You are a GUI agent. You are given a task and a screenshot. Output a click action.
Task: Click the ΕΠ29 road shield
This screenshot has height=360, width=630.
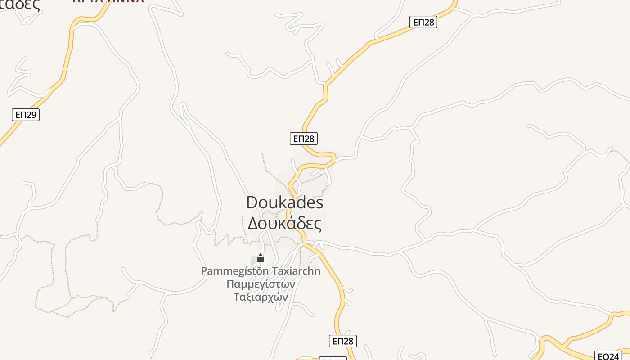[26, 115]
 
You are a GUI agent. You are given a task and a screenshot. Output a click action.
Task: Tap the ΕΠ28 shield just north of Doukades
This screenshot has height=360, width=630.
[304, 139]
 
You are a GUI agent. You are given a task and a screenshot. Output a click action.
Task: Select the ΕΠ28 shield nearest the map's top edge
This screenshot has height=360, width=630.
[423, 22]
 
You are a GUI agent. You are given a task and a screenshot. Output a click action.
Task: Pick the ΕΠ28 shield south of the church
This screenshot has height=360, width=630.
[343, 341]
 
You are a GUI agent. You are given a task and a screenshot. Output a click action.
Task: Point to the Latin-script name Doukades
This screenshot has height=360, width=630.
[285, 202]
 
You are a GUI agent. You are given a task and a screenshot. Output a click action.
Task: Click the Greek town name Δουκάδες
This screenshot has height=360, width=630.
[285, 223]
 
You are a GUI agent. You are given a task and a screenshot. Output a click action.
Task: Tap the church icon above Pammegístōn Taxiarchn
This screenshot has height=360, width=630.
[261, 258]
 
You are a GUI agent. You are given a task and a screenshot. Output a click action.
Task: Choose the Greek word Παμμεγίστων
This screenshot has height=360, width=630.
[261, 284]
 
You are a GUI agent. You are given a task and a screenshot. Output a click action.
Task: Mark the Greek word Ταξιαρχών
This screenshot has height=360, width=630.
[261, 297]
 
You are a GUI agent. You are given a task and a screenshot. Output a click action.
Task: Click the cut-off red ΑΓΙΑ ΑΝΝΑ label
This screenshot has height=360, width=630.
[108, 1]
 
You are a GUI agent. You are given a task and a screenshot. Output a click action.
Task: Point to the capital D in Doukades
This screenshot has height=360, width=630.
[252, 202]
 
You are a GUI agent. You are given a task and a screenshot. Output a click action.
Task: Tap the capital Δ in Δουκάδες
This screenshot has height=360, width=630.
[253, 223]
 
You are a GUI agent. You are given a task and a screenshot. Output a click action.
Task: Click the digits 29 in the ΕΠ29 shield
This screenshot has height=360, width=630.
[31, 115]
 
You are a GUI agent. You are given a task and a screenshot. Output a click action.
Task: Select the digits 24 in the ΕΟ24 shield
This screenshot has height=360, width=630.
[614, 356]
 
